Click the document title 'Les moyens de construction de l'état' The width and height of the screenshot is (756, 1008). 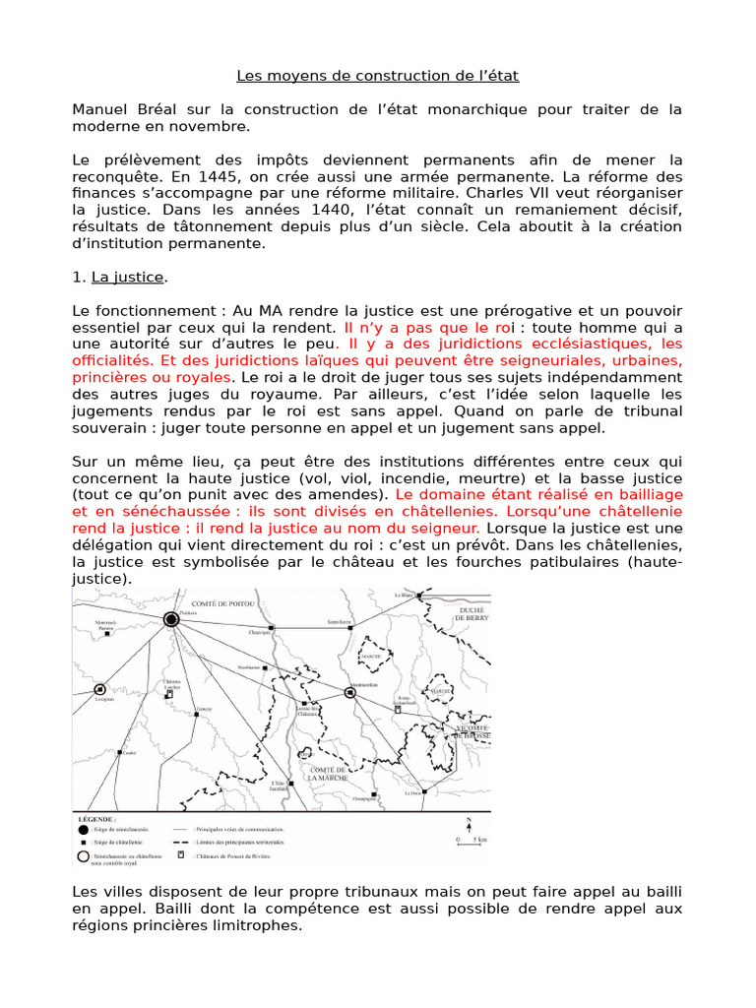click(377, 75)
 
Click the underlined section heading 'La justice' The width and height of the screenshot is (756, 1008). click(129, 278)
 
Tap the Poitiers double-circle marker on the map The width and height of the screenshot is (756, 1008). click(170, 619)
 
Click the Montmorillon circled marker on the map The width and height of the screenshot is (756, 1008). click(349, 693)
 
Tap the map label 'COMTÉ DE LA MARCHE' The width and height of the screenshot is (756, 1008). click(328, 774)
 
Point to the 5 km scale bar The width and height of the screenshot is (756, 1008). click(470, 843)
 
